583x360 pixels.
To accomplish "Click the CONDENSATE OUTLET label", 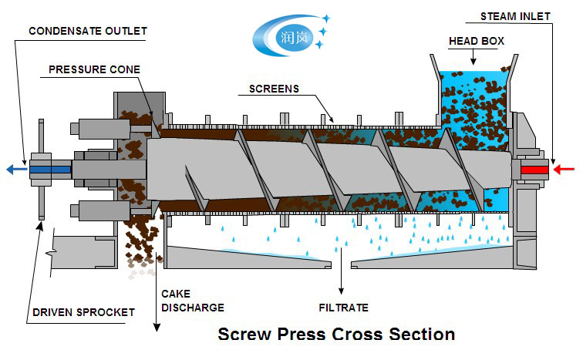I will (87, 31).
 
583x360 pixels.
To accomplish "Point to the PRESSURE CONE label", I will (94, 69).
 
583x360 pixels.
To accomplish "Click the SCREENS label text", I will (274, 89).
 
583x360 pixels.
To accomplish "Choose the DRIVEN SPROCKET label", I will (84, 312).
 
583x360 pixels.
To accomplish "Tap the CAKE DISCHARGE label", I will (192, 301).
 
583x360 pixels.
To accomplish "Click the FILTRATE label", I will (343, 308).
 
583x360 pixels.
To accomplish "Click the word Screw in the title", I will (244, 335).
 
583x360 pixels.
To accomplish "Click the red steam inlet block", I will (534, 169).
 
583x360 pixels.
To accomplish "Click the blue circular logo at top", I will (285, 33).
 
